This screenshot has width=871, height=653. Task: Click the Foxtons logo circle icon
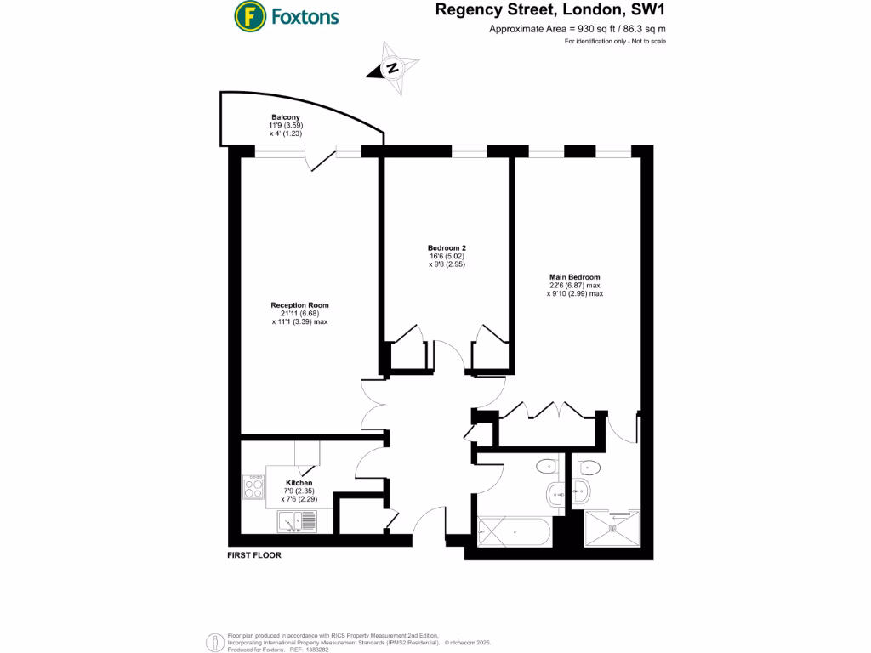(x=248, y=15)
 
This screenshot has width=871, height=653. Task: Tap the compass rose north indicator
(x=393, y=69)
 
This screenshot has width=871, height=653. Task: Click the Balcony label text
(x=286, y=117)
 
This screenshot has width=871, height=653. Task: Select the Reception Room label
(x=299, y=305)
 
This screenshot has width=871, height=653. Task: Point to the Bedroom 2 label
(x=447, y=248)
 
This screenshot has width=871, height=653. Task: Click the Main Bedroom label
(x=574, y=277)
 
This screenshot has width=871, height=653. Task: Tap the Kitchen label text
(x=299, y=483)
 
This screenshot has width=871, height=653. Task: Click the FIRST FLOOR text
(x=253, y=555)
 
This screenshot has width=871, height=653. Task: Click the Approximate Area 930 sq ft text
(x=577, y=29)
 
